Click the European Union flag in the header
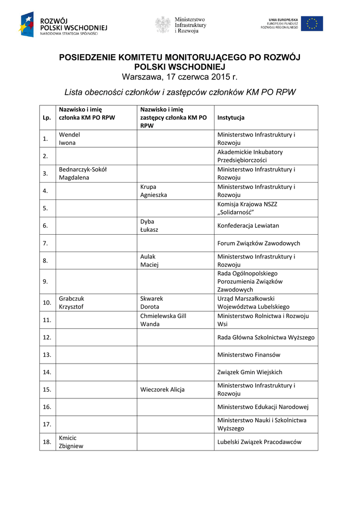click(x=312, y=24)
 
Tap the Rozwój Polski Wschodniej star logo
click(x=27, y=24)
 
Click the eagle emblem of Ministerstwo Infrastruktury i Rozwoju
click(x=163, y=24)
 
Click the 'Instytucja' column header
click(x=231, y=118)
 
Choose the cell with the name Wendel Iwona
click(x=70, y=138)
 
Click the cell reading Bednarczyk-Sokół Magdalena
click(x=83, y=173)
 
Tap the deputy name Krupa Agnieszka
click(x=153, y=190)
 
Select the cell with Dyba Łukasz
click(x=150, y=225)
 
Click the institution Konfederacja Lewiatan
click(x=248, y=225)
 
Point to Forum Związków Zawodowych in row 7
click(x=259, y=243)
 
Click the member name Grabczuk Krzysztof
click(x=72, y=303)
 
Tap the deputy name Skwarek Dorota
click(x=152, y=303)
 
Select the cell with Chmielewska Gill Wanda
click(x=163, y=319)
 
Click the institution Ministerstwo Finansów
click(x=249, y=355)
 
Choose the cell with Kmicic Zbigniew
click(x=72, y=442)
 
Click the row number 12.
click(x=47, y=337)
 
